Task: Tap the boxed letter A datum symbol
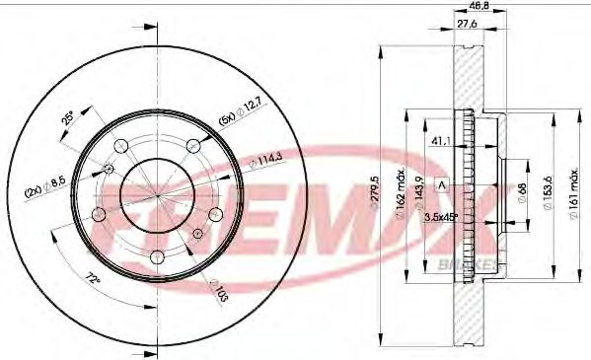pyautogui.click(x=441, y=182)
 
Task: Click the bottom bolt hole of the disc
pyautogui.click(x=157, y=258)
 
